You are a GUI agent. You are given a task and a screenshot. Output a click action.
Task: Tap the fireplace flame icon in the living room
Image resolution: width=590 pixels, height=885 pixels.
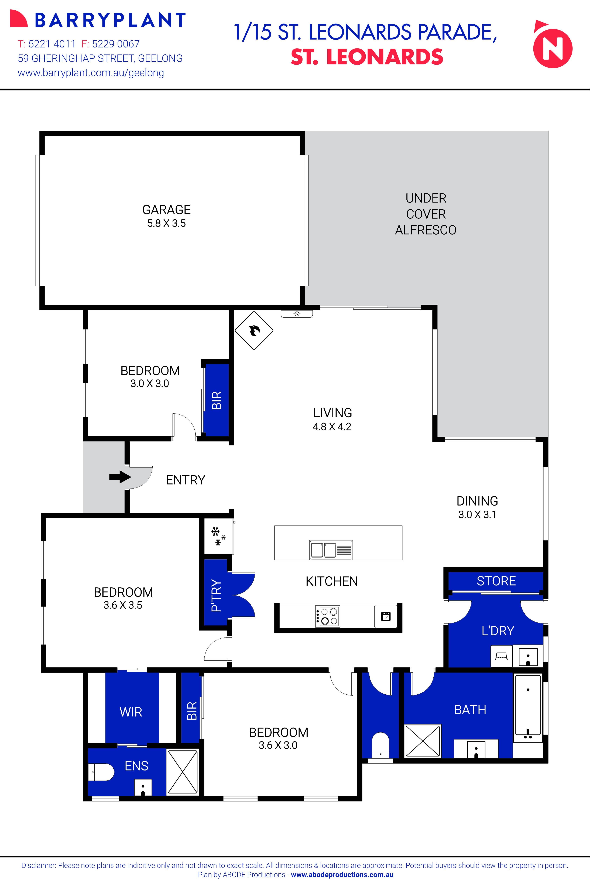254,330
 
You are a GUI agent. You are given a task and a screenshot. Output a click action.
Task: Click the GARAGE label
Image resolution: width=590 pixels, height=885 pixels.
166,209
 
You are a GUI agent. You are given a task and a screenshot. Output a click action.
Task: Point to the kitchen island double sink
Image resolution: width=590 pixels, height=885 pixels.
331,550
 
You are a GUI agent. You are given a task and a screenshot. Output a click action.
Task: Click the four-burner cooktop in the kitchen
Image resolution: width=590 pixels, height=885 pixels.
327,616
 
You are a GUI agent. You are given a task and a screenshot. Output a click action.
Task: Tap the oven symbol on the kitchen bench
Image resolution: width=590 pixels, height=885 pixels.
386,616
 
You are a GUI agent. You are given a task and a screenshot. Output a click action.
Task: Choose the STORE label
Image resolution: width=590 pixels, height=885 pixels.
496,581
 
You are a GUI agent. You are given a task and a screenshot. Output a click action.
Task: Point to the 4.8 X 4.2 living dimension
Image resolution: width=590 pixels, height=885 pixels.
332,427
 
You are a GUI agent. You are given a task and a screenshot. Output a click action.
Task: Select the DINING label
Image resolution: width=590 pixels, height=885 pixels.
477,501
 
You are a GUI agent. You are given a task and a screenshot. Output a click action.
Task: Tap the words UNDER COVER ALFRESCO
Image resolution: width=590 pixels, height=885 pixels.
426,214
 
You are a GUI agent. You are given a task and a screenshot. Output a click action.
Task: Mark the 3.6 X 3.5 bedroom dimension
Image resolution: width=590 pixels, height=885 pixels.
123,605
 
